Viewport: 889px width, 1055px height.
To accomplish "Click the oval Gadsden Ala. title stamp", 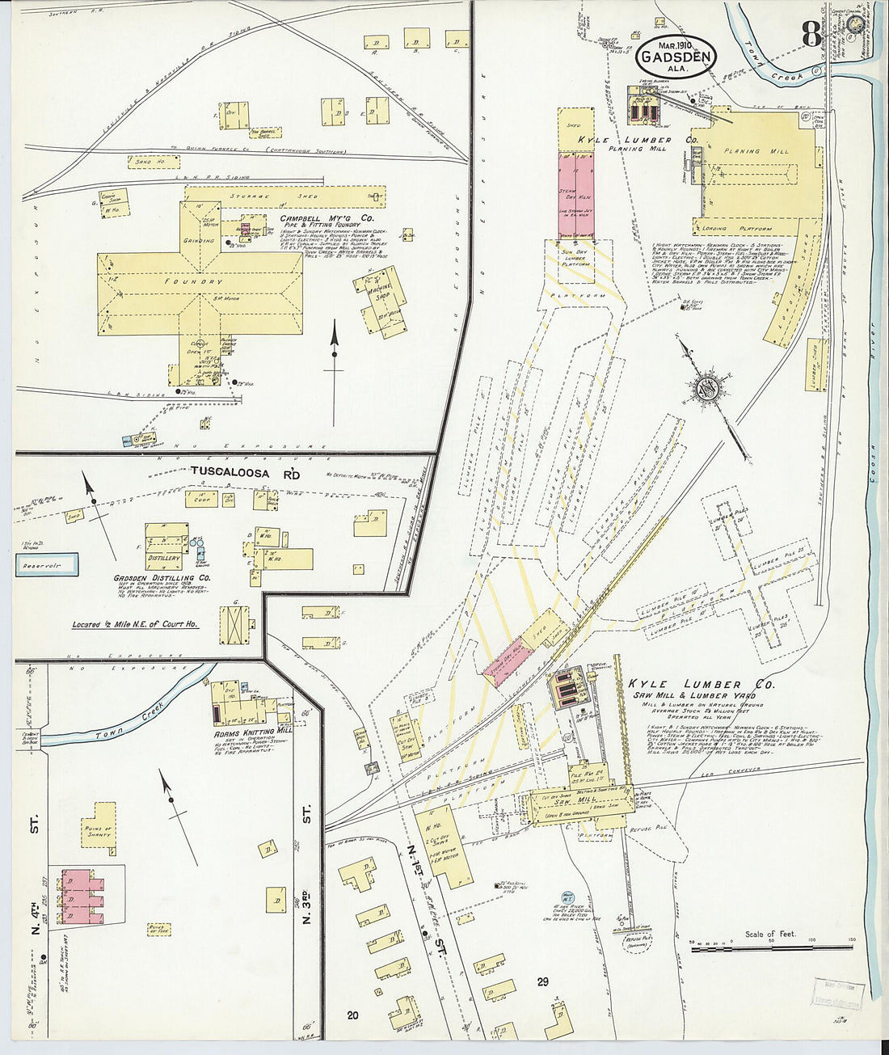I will point(676,57).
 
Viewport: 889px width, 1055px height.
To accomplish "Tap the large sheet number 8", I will point(812,34).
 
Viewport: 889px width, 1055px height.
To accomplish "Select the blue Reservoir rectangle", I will point(47,564).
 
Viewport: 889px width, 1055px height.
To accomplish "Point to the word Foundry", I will point(200,281).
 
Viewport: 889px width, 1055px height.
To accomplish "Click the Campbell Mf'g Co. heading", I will point(327,218).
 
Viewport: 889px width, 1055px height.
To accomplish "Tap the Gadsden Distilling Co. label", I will point(162,578).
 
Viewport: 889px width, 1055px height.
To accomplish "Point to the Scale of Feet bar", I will point(772,948).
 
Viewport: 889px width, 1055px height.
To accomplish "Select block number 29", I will point(541,982).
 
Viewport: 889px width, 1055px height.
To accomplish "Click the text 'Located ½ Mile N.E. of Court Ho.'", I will point(134,624).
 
